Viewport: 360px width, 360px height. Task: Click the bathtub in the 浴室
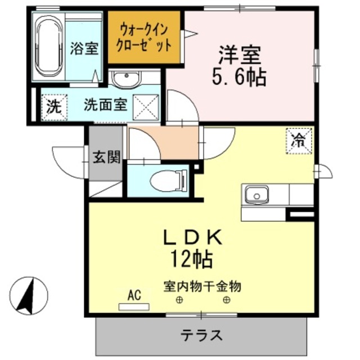click(49, 46)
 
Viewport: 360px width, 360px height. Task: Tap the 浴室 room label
click(84, 48)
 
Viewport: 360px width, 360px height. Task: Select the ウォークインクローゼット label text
click(144, 38)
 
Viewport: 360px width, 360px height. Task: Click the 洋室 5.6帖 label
click(240, 65)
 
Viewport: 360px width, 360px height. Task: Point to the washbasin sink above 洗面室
click(126, 78)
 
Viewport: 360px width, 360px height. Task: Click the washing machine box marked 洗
click(54, 107)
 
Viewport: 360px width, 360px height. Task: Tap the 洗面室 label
click(105, 105)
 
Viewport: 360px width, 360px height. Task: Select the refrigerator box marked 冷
click(299, 141)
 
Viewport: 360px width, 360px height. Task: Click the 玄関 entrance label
click(107, 157)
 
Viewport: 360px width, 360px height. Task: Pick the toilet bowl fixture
click(169, 180)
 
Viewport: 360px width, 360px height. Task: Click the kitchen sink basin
click(256, 195)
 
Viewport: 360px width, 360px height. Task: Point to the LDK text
click(192, 237)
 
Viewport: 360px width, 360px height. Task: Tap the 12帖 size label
click(192, 259)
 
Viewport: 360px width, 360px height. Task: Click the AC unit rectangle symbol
click(134, 307)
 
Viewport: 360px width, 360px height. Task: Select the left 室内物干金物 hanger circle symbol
click(179, 300)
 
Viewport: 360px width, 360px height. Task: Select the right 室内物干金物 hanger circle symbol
click(227, 300)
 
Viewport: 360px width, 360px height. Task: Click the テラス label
click(201, 335)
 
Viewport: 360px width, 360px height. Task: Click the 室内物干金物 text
click(202, 286)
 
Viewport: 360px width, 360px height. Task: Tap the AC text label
click(134, 295)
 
